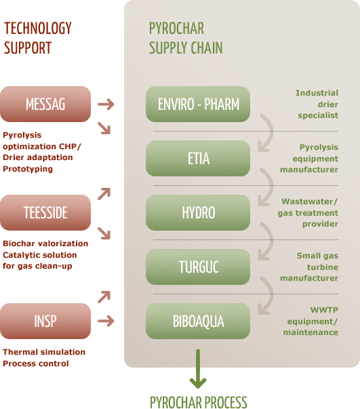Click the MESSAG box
click(45, 104)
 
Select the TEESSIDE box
click(45, 212)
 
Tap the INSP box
click(45, 321)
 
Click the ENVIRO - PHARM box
click(198, 104)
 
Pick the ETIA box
click(198, 158)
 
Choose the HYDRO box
click(198, 212)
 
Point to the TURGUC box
click(198, 267)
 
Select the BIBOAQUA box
click(198, 321)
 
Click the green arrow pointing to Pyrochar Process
click(198, 369)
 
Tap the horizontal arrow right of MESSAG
click(106, 104)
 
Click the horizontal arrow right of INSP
click(106, 321)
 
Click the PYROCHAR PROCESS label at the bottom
click(199, 402)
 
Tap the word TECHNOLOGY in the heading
click(38, 28)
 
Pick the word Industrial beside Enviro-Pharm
click(317, 93)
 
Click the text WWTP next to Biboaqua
click(324, 310)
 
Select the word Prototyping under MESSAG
click(28, 169)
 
